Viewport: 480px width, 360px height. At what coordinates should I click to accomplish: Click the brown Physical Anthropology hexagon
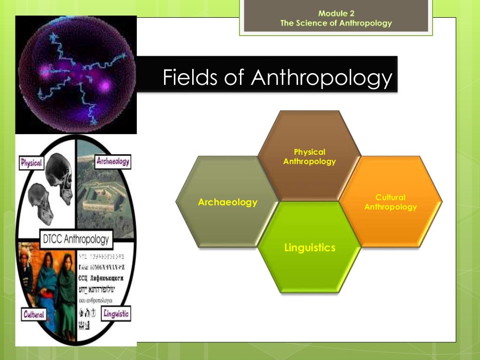pos(309,157)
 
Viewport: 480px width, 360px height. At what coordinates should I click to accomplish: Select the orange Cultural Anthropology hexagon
pos(390,202)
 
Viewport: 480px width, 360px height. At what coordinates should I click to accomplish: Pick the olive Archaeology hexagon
pos(227,202)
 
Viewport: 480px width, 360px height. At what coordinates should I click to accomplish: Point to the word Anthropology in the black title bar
pos(321,77)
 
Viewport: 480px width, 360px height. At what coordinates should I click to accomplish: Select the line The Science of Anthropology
pos(336,23)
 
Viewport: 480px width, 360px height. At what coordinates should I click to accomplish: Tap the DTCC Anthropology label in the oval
pos(75,240)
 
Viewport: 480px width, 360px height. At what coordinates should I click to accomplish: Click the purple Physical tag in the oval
pos(32,163)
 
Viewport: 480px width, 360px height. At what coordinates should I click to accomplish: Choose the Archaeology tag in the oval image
pos(112,162)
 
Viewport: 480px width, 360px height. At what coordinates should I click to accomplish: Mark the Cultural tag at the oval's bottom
pos(34,314)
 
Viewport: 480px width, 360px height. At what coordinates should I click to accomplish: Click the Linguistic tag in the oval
pos(115,314)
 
